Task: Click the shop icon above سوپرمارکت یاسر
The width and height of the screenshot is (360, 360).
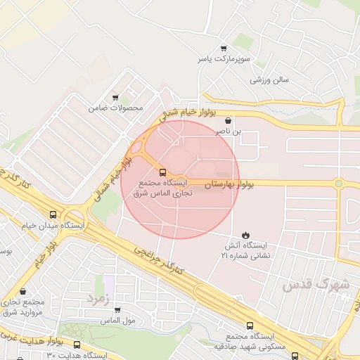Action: pos(224,49)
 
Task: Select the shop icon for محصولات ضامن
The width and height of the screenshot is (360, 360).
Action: pos(115,98)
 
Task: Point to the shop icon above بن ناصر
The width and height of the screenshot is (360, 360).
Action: pos(229,120)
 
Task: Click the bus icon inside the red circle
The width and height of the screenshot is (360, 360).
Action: pos(163,172)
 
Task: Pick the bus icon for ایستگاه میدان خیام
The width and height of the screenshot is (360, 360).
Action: pos(53,214)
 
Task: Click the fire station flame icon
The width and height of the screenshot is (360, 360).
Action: pos(245,234)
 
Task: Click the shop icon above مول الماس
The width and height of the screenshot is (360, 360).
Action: pos(117,309)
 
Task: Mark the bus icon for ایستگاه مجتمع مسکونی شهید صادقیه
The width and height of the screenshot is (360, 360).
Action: pos(250,325)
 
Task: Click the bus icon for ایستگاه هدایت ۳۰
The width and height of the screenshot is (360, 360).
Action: pos(77,345)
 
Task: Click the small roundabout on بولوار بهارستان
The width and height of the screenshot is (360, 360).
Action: pos(338,184)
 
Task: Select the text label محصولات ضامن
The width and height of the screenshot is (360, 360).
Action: pos(115,109)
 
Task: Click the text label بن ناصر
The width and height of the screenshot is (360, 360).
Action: pos(229,131)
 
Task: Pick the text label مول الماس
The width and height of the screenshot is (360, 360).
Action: pos(118,321)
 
